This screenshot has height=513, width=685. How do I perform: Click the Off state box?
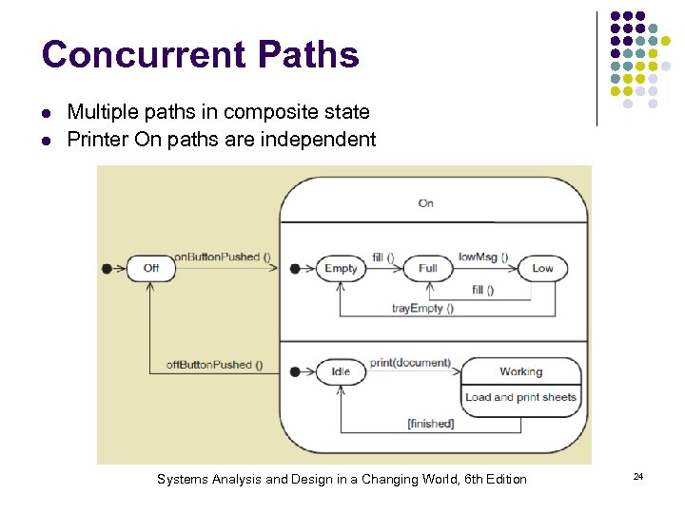[151, 268]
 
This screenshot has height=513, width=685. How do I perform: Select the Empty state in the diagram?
[341, 268]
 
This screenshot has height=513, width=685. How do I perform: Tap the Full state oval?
[428, 268]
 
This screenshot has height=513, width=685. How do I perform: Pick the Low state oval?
[542, 268]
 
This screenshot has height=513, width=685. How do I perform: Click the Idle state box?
[341, 371]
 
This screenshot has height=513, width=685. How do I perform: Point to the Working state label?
[520, 371]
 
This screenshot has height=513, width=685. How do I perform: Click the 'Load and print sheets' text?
[520, 397]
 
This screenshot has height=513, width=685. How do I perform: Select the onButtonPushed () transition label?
[223, 257]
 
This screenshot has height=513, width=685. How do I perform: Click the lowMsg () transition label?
[483, 257]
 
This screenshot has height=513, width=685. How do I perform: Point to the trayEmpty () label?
[422, 308]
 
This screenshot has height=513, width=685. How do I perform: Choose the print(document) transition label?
[410, 363]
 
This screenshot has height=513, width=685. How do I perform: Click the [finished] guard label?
[431, 423]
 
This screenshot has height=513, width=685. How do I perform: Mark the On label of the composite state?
[426, 202]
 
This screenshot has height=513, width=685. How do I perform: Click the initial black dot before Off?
[107, 268]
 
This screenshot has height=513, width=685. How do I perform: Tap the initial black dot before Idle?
[296, 371]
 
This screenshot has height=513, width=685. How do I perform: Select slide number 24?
[638, 475]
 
